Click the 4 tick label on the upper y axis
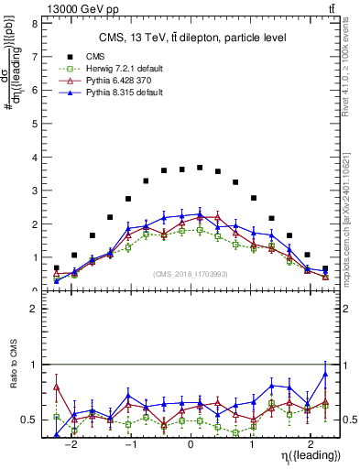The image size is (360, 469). pos(37,158)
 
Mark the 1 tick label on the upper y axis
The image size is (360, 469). pos(37,257)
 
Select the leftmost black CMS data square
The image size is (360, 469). pos(56,268)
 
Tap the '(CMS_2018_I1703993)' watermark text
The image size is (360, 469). pos(191,274)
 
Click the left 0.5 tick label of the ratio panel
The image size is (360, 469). pos(34,420)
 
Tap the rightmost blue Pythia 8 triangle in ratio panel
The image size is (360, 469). pos(325,374)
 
